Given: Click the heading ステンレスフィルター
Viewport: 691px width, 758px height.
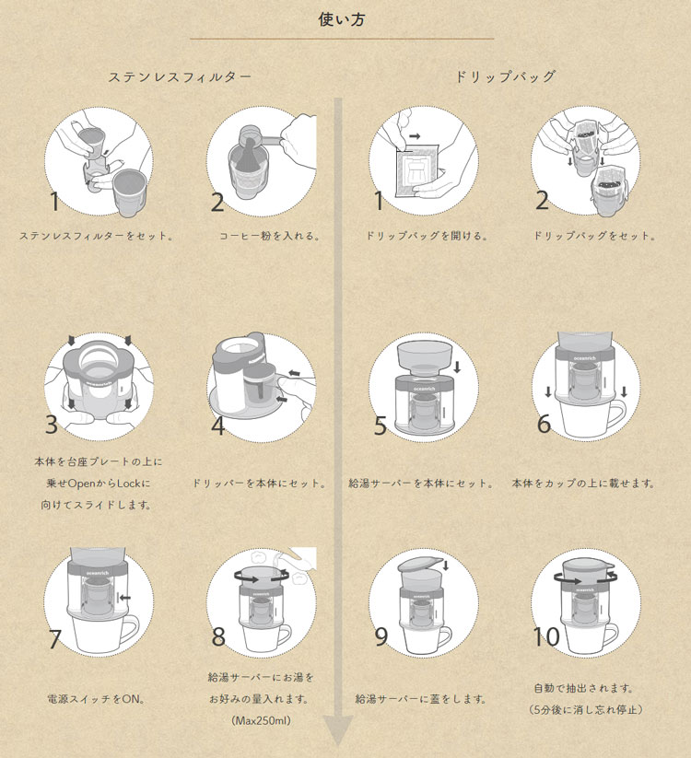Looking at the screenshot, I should point(179,76).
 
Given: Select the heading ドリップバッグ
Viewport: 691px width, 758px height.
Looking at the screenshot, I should point(506,76).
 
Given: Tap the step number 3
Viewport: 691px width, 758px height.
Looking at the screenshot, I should point(52,426).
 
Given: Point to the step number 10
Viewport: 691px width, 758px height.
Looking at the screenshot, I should point(546,636).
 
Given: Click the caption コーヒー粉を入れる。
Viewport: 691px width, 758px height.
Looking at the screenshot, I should point(269,236).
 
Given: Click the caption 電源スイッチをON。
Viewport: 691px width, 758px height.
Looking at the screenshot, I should point(96,699).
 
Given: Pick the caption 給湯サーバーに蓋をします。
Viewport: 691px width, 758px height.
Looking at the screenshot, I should point(421,699).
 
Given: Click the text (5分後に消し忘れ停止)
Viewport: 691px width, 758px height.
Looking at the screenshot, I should point(585,710).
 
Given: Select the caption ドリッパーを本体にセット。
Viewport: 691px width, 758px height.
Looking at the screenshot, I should point(261,483).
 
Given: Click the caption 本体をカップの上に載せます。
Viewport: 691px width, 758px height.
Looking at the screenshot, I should point(583,483).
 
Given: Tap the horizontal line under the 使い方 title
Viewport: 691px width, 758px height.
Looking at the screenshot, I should point(341,39).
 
